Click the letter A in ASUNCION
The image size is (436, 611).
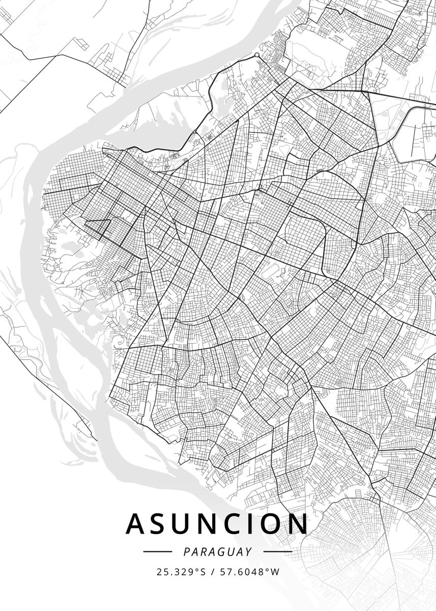coord(135,524)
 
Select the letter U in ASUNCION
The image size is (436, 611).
coord(186,524)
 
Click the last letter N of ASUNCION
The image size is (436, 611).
coord(300,524)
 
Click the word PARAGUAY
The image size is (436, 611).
coord(218,551)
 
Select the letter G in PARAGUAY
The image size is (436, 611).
coord(221,551)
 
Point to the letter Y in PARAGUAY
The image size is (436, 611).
coord(249,551)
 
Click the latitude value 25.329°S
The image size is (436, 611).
coord(181,572)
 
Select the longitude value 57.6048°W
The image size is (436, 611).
coord(249,572)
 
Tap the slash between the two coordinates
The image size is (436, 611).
coord(213,572)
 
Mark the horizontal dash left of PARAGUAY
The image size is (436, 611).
coord(158,551)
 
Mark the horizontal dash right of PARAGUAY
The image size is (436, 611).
coord(278,551)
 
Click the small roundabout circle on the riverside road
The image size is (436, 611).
coord(257,54)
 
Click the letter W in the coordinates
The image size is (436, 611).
coord(275,572)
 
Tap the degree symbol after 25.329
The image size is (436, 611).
coord(197,569)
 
